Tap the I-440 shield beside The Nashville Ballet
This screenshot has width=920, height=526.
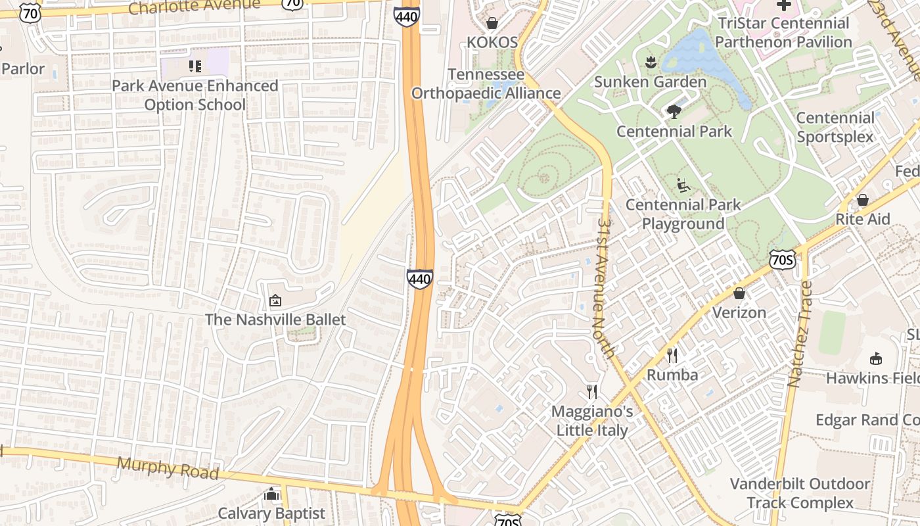419,279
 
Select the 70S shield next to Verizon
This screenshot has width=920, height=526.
783,260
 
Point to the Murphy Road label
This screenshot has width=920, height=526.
167,467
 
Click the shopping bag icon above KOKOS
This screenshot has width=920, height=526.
492,24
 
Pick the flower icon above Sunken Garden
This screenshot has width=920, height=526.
651,63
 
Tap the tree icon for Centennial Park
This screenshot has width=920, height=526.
674,112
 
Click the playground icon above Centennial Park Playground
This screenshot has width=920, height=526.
683,186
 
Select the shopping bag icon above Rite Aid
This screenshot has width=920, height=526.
863,200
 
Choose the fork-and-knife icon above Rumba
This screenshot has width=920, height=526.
672,356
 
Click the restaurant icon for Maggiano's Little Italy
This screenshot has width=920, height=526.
592,392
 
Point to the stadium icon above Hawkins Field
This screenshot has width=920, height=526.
875,359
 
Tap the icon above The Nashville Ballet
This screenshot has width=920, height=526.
275,301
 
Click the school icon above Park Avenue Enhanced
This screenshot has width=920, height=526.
195,66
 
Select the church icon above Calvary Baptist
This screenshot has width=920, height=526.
271,494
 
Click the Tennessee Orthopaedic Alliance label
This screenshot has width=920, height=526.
486,84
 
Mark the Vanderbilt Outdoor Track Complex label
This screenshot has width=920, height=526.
800,494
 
